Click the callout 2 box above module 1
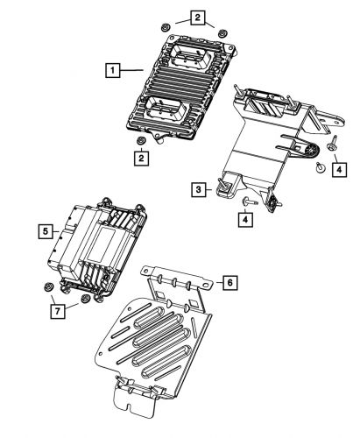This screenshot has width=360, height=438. tap(199, 17)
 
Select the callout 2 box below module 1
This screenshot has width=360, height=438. tap(139, 158)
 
